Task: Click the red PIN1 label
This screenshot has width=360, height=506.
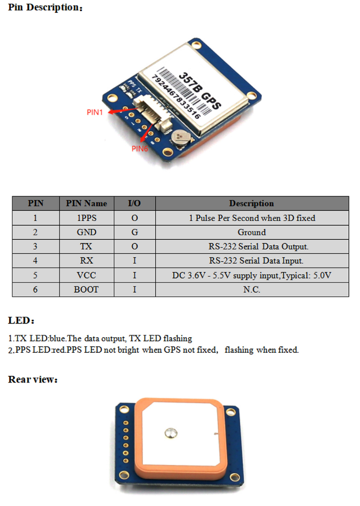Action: (95, 112)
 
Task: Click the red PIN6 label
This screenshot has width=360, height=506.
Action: (139, 148)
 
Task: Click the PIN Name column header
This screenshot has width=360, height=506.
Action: (86, 203)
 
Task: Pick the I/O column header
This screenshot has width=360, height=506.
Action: (134, 203)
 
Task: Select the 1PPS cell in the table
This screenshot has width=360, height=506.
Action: (86, 218)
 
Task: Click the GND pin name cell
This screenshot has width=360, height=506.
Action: (86, 232)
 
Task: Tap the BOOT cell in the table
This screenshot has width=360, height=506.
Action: (86, 289)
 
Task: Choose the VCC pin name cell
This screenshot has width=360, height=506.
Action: (86, 275)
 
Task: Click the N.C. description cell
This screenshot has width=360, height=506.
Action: (252, 289)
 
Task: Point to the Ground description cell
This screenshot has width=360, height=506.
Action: (252, 232)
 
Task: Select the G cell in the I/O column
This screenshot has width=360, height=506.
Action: (134, 232)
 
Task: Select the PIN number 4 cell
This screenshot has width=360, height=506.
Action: (35, 261)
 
